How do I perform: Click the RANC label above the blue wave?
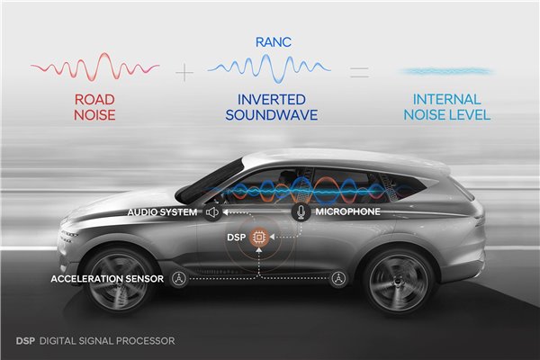[274, 42]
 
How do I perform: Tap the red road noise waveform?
[95, 67]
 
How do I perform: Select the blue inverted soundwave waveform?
[269, 68]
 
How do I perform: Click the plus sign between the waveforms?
[184, 72]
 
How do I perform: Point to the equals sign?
[359, 72]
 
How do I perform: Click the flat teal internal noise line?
[446, 72]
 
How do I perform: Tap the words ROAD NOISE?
[94, 107]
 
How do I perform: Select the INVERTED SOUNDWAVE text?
[272, 107]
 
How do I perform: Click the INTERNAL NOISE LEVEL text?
[447, 107]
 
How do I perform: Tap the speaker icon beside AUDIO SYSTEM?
[212, 212]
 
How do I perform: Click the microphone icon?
[301, 211]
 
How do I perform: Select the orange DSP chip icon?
[259, 237]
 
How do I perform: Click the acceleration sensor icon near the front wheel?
[179, 278]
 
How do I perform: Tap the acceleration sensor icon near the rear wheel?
[338, 278]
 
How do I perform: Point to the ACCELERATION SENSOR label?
[107, 279]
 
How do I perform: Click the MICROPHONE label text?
[347, 211]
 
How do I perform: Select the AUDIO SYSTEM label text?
[162, 212]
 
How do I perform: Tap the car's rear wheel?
[399, 282]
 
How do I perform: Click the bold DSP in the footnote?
[25, 341]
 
